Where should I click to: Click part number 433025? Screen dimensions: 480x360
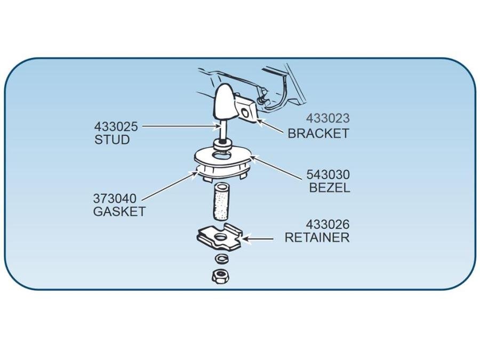pos(116,126)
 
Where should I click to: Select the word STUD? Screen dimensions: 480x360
pos(112,140)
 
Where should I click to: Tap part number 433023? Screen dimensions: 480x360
pos(328,118)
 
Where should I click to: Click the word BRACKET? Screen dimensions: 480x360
pos(318,133)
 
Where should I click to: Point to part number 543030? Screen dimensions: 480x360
pos(328,175)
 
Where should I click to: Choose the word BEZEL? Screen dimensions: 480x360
pos(330,187)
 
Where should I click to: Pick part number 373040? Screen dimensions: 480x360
pos(115,199)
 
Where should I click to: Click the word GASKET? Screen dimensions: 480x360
pos(119,212)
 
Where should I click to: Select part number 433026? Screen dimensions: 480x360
pos(327,225)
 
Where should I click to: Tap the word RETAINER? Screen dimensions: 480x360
pos(317,237)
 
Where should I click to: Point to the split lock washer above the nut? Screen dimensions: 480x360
pos(221,258)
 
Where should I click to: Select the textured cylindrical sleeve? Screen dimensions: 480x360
pos(219,201)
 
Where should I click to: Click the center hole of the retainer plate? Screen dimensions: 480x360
pos(219,237)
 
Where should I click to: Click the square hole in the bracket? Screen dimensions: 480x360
pos(245,113)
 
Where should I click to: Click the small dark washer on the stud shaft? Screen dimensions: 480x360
pos(221,143)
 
